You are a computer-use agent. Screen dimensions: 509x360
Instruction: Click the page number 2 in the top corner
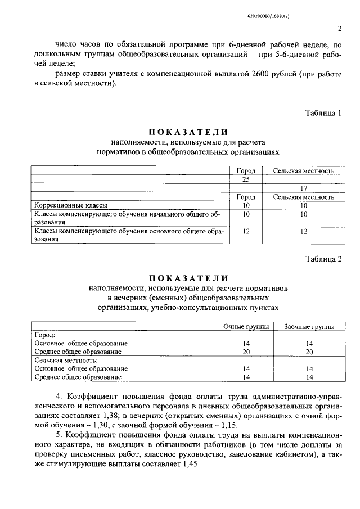pyautogui.click(x=340, y=29)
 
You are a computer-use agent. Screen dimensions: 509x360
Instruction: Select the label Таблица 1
pyautogui.click(x=323, y=112)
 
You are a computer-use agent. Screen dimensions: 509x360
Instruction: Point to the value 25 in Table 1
pyautogui.click(x=246, y=179)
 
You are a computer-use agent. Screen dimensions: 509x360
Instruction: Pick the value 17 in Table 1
pyautogui.click(x=303, y=188)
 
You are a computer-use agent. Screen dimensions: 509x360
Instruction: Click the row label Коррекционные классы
pyautogui.click(x=71, y=206)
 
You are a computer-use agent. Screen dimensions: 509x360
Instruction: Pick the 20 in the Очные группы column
pyautogui.click(x=246, y=352)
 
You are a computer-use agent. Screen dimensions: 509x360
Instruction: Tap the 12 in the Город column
pyautogui.click(x=246, y=231)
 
